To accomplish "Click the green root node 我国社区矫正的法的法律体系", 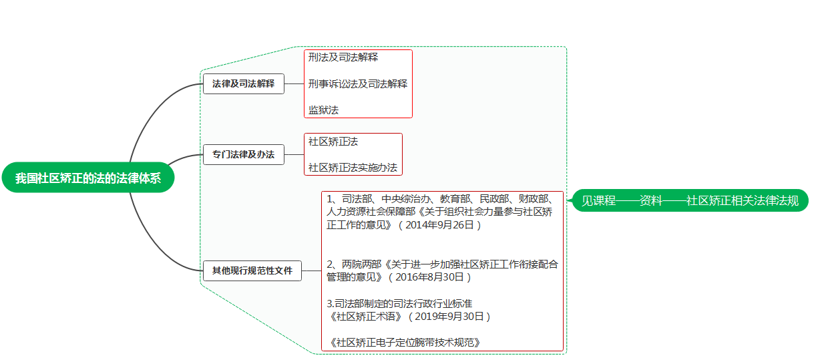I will click(87, 178).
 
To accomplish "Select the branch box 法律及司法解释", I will click(243, 84).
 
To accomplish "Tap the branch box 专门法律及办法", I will click(243, 154).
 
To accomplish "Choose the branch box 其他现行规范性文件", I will click(252, 271).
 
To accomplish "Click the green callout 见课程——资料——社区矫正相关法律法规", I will click(690, 200).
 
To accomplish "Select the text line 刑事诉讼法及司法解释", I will click(357, 84).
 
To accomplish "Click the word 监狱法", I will click(323, 110).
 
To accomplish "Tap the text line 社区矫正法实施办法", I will click(353, 168).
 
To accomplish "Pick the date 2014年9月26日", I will click(439, 225).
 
